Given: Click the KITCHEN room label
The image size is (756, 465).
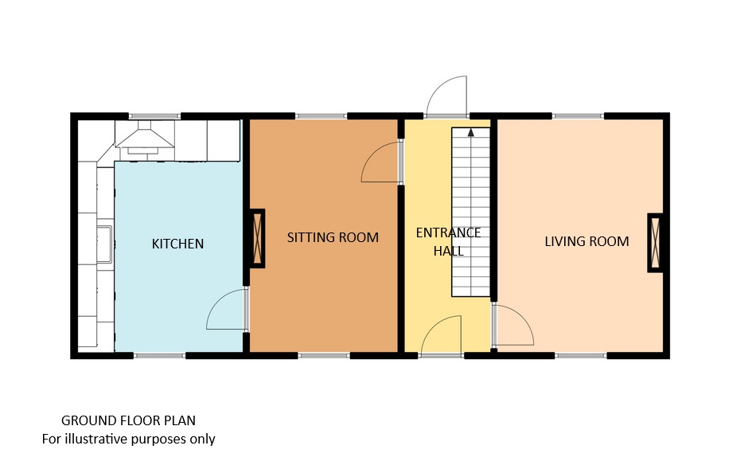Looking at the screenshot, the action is (x=177, y=244).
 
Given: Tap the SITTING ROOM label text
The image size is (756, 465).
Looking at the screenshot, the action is (x=333, y=237).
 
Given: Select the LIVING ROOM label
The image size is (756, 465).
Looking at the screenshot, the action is (x=586, y=241).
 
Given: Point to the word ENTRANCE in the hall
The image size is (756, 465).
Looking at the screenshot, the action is (x=448, y=233).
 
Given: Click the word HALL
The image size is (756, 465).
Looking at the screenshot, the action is (x=448, y=251).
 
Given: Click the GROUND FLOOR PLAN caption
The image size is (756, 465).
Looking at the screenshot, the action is (x=128, y=420).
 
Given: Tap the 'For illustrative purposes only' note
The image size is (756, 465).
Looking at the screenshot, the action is (x=128, y=439).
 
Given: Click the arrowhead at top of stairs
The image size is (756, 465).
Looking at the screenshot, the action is (x=470, y=131).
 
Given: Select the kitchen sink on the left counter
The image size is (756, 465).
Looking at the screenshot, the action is (x=104, y=244).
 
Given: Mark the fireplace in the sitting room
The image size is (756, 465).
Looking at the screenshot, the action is (x=257, y=238).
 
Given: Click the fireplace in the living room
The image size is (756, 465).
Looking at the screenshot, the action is (x=655, y=243).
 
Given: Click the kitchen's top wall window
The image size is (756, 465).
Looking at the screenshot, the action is (x=154, y=115).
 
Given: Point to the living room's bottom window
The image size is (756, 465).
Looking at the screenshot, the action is (x=580, y=355).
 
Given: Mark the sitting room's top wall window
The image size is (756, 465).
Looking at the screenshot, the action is (x=321, y=115).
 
